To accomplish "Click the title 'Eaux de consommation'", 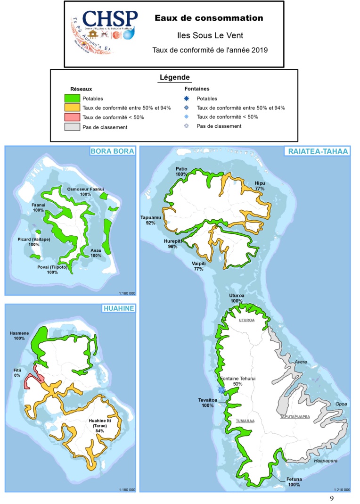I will pyautogui.click(x=209, y=18).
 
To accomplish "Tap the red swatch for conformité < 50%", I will pyautogui.click(x=72, y=117).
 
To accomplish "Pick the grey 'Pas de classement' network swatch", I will pyautogui.click(x=72, y=127).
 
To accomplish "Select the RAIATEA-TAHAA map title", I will pyautogui.click(x=315, y=151).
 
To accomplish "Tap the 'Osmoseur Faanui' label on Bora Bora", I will pyautogui.click(x=85, y=191).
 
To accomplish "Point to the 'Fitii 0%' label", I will pyautogui.click(x=16, y=372).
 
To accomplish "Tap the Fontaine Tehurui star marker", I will pyautogui.click(x=221, y=389).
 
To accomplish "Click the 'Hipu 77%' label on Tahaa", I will pyautogui.click(x=260, y=185).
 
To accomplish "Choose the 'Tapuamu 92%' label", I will pyautogui.click(x=151, y=220).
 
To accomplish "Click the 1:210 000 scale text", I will pyautogui.click(x=341, y=489).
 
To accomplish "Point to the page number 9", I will pyautogui.click(x=332, y=498).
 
